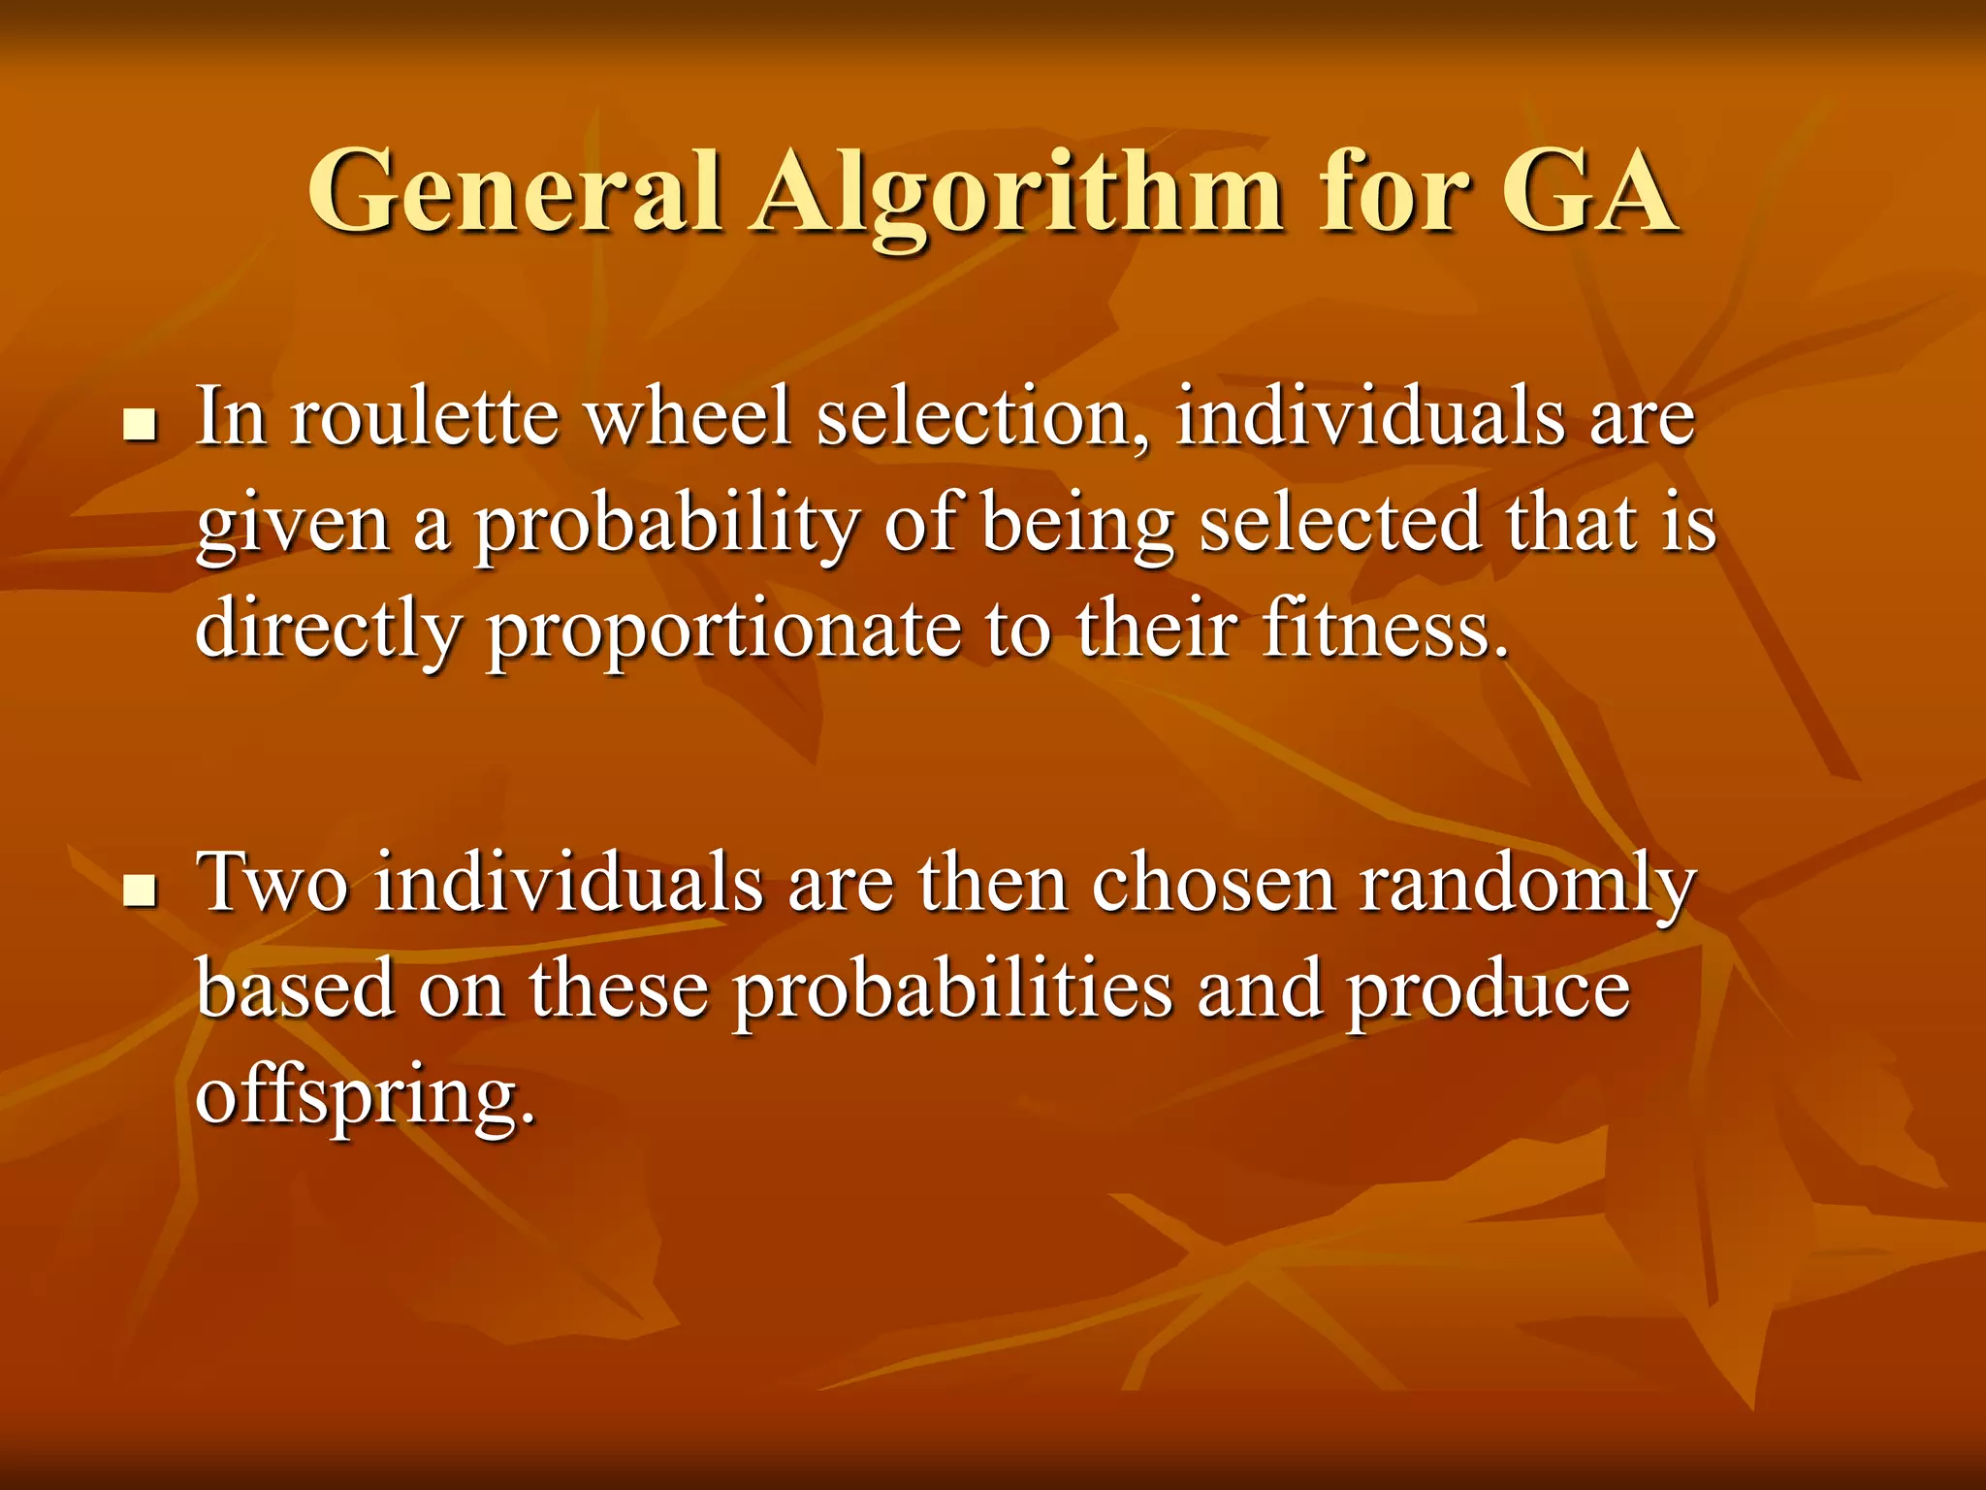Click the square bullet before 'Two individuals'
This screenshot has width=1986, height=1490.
142,890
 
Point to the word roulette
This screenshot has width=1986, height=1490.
426,417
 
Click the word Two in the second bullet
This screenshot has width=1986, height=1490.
272,883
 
